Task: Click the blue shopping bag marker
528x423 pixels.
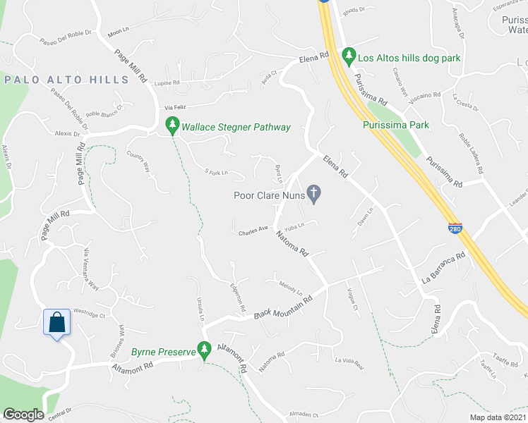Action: click(56, 323)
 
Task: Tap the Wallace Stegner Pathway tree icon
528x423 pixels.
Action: click(172, 126)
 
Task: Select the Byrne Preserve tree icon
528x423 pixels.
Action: click(205, 348)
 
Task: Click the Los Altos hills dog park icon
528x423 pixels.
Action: click(348, 55)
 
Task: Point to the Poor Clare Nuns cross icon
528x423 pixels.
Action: click(315, 192)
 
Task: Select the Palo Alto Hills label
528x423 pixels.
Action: click(67, 80)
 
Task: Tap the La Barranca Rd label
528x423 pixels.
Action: click(443, 266)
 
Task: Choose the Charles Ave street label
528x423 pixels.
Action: click(253, 229)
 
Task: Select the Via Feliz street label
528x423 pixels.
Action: click(178, 107)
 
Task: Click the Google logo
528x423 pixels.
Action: click(23, 415)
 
